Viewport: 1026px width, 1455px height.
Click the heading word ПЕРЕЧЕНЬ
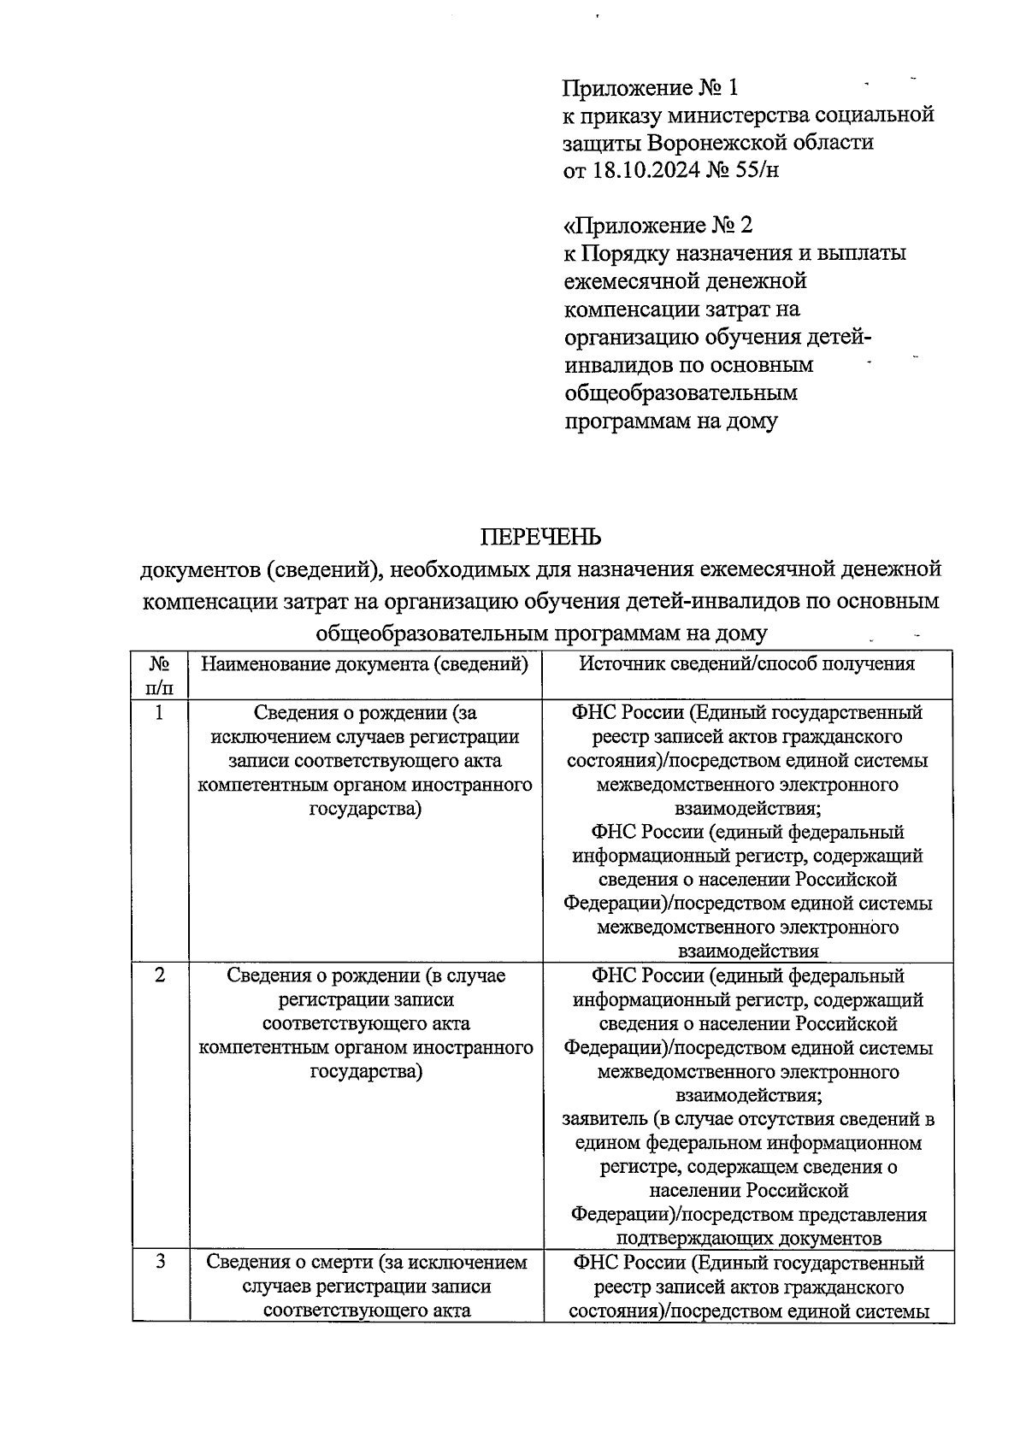coord(540,537)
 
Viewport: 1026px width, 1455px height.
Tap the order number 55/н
coord(757,170)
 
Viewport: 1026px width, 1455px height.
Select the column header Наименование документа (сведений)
coord(364,664)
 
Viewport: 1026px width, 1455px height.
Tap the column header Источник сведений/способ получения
coord(747,664)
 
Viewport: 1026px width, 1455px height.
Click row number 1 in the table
coord(160,712)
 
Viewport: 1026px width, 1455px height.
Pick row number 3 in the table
coord(160,1262)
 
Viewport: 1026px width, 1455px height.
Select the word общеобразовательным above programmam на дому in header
coord(681,393)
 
